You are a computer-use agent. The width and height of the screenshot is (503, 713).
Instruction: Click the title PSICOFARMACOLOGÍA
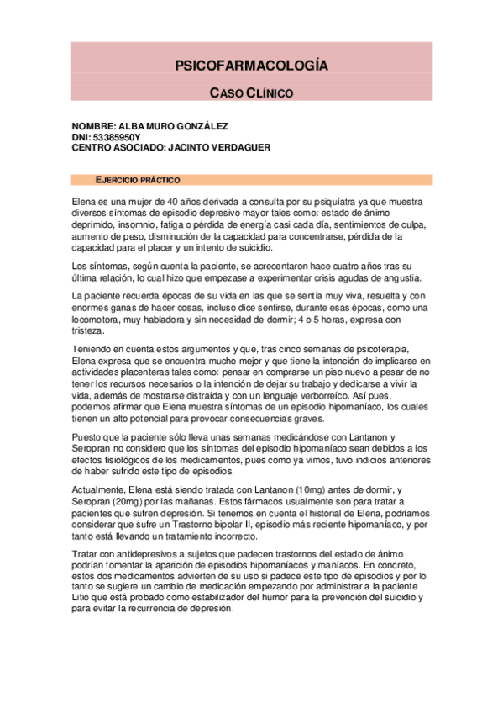(251, 66)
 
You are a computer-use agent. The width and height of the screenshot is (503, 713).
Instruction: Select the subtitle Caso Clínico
(251, 92)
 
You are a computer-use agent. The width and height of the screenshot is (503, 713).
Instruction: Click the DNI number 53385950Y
(117, 136)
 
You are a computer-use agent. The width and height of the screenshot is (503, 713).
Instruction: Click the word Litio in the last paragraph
(85, 597)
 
